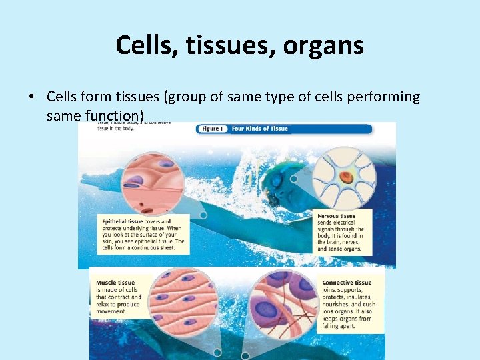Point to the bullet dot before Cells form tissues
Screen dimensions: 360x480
click(x=31, y=97)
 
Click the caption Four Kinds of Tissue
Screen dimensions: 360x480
click(x=260, y=129)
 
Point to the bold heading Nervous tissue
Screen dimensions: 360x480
click(x=337, y=217)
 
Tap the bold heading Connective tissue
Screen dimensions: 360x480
click(x=347, y=283)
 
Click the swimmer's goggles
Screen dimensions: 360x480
click(x=273, y=199)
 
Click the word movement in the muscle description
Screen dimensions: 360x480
click(x=111, y=311)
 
